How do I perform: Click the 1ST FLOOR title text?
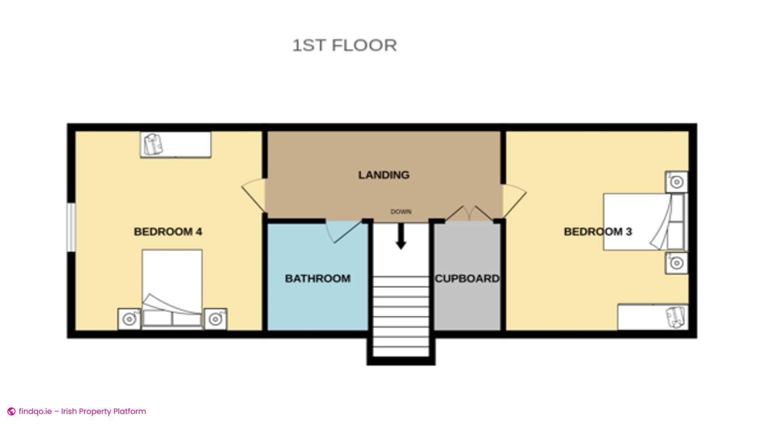(345, 45)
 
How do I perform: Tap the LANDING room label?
(384, 175)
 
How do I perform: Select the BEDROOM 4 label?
(168, 232)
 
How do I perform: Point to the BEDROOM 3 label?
(598, 232)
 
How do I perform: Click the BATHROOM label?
(318, 278)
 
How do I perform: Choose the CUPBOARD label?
(467, 278)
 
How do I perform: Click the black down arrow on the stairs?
(401, 236)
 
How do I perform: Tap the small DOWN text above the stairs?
(401, 211)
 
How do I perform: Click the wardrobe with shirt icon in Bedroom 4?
(175, 145)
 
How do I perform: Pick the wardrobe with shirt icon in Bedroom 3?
(653, 317)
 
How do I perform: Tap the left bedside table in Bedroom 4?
(129, 319)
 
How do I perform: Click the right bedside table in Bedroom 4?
(216, 319)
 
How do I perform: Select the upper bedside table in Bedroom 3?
(676, 182)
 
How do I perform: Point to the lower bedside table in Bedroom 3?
(676, 263)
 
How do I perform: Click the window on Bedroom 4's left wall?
(71, 227)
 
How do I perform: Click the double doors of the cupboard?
(469, 213)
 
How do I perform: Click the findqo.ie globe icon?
(12, 411)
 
